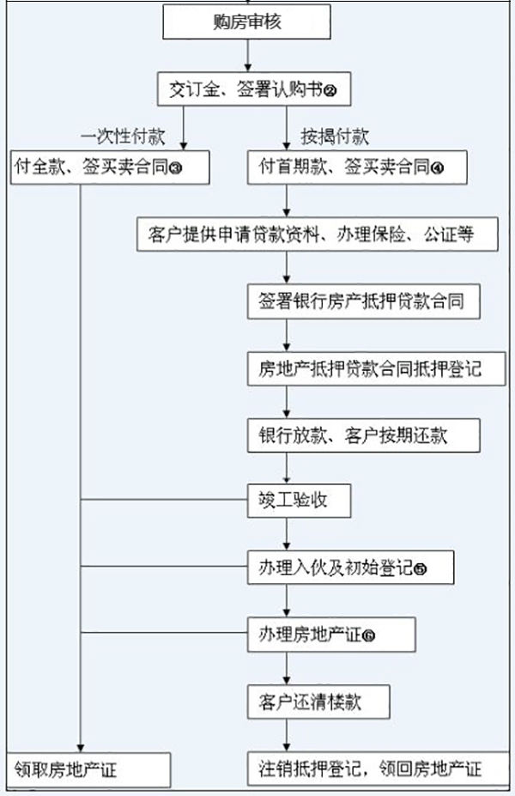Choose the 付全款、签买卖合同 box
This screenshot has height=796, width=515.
click(110, 167)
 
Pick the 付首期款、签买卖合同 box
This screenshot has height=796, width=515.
click(356, 167)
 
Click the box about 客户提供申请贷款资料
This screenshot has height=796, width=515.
click(317, 234)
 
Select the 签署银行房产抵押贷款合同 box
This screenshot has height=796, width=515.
click(357, 301)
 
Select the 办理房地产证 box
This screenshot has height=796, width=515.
click(331, 635)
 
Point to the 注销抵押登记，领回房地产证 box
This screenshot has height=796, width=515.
click(370, 768)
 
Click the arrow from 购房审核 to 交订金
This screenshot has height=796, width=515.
click(247, 56)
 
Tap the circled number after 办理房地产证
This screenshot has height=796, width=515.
click(370, 636)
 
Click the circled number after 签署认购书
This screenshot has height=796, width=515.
click(343, 89)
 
